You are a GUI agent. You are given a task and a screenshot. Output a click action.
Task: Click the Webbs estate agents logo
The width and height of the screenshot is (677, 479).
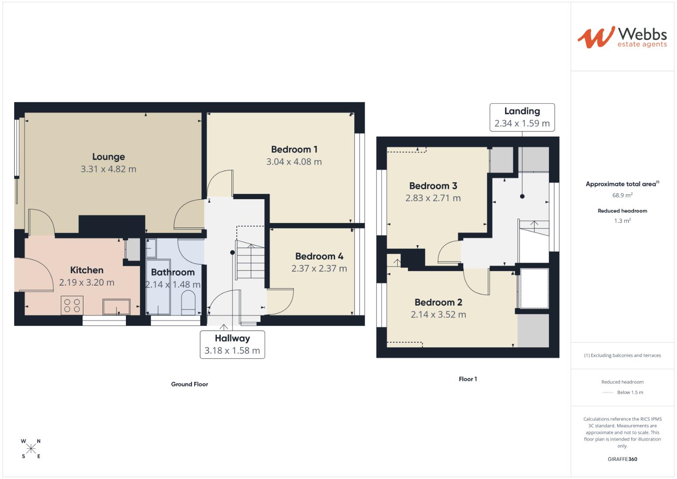point(622,37)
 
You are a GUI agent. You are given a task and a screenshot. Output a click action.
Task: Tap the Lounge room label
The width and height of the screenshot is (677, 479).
point(109,157)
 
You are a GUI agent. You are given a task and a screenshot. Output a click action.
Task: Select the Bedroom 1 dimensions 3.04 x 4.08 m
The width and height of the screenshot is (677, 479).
point(294,162)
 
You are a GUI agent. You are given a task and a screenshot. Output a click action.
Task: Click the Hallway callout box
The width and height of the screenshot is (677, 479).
point(232,345)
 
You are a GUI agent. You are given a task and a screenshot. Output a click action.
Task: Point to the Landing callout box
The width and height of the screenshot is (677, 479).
point(522,118)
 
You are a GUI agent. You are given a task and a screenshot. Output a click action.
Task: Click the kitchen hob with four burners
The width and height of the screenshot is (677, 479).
point(72,306)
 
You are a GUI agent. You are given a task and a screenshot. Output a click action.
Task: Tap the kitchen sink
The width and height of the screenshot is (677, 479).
point(117,306)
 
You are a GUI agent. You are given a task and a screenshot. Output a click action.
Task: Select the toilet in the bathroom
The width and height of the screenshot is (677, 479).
point(189,303)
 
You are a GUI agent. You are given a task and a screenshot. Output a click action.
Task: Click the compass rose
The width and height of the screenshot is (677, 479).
point(31,449)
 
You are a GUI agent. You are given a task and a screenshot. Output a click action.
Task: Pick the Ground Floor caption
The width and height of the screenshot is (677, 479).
point(189,384)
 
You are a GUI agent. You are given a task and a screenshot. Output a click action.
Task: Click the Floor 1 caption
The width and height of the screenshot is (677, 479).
point(468,379)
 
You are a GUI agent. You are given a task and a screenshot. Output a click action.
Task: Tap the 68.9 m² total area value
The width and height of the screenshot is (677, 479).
point(622,195)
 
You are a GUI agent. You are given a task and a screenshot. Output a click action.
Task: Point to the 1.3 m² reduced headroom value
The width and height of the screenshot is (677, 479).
point(622,221)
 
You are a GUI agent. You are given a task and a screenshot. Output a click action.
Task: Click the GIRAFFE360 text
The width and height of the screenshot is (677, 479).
point(622,459)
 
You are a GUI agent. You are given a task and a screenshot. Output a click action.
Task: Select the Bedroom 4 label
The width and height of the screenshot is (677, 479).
point(319,256)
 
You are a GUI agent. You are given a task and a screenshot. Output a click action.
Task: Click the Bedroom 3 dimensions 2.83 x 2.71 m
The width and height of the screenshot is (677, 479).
point(433,198)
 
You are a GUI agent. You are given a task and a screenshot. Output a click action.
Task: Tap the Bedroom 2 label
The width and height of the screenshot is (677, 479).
point(438,302)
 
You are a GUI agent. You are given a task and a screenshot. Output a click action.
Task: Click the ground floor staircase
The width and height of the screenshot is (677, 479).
point(250,262)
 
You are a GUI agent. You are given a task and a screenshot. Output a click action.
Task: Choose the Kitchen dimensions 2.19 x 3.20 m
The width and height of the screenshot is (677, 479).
point(87,283)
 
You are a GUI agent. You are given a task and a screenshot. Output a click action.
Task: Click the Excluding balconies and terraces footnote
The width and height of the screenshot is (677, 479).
point(622,355)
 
